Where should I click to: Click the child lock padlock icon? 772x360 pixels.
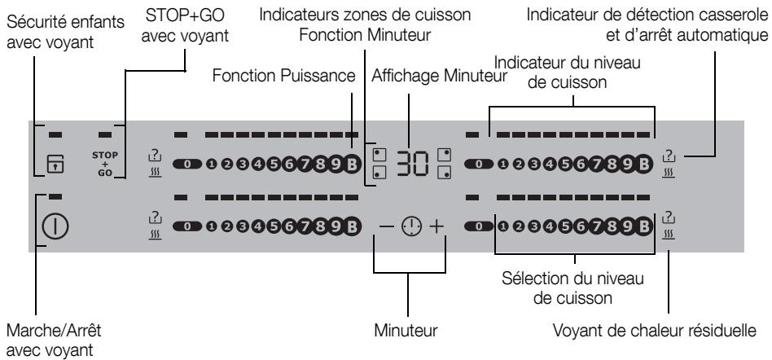55,165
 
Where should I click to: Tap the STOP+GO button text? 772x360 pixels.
105,165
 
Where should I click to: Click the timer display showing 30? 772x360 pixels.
413,164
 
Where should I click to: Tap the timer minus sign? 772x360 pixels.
387,226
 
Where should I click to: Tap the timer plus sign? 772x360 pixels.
436,226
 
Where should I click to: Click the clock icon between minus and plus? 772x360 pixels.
411,226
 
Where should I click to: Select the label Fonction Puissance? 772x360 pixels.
284,77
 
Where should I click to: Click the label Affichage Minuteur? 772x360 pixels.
439,77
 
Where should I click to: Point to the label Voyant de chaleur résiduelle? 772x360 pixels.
655,331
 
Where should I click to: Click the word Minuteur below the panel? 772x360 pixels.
406,331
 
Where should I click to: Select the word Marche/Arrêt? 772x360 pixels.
54,331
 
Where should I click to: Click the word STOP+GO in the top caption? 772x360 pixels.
184,15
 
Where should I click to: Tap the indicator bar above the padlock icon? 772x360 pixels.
55,134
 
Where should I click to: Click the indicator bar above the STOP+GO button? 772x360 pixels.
105,134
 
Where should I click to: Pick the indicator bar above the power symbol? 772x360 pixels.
55,196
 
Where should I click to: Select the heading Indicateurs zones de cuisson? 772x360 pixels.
365,15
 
